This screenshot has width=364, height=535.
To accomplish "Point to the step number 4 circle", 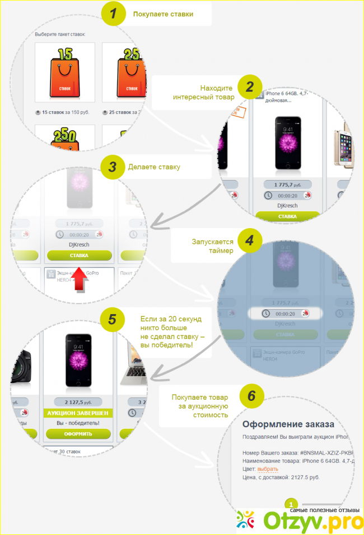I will tap(250, 242).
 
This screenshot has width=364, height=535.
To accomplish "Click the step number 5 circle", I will tap(113, 319).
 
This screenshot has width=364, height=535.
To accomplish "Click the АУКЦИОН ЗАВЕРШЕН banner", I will tap(78, 413).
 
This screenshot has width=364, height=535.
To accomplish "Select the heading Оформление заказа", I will tap(288, 424).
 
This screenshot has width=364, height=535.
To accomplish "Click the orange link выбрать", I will tap(268, 468).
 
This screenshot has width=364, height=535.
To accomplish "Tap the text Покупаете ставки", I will tap(163, 14).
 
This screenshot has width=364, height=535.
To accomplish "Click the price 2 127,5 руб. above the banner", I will tap(78, 401).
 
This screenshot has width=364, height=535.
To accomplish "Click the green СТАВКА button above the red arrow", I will tap(79, 255).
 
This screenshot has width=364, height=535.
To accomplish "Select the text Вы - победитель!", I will tap(78, 423).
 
